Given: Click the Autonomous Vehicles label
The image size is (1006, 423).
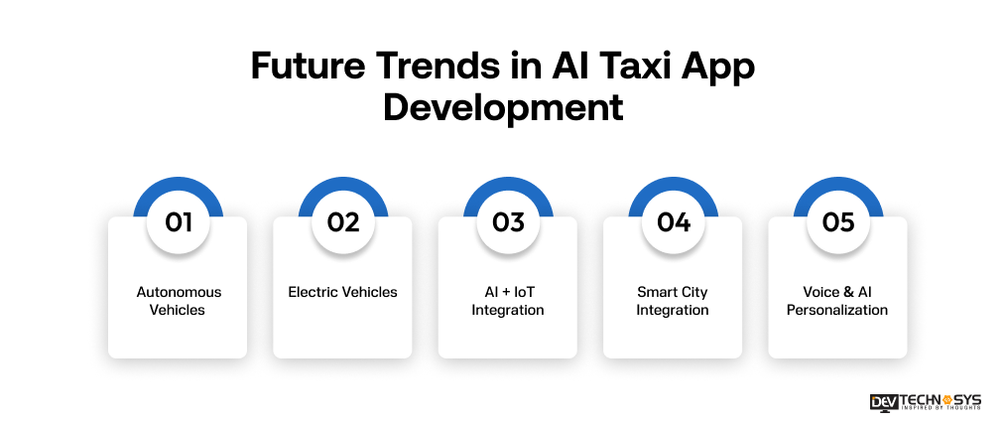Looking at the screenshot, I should point(179,301).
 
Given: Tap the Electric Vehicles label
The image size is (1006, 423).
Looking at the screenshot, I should point(343,292).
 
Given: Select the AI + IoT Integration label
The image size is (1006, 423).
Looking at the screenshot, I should point(508,301).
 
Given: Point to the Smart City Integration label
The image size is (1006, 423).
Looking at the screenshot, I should point(673,301).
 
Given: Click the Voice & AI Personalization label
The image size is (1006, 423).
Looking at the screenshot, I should point(838,301).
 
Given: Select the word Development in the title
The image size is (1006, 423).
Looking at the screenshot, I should point(503,106).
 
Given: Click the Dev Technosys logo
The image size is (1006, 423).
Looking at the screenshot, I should point(925,401).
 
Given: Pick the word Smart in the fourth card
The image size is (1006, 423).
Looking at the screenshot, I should point(656,292).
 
